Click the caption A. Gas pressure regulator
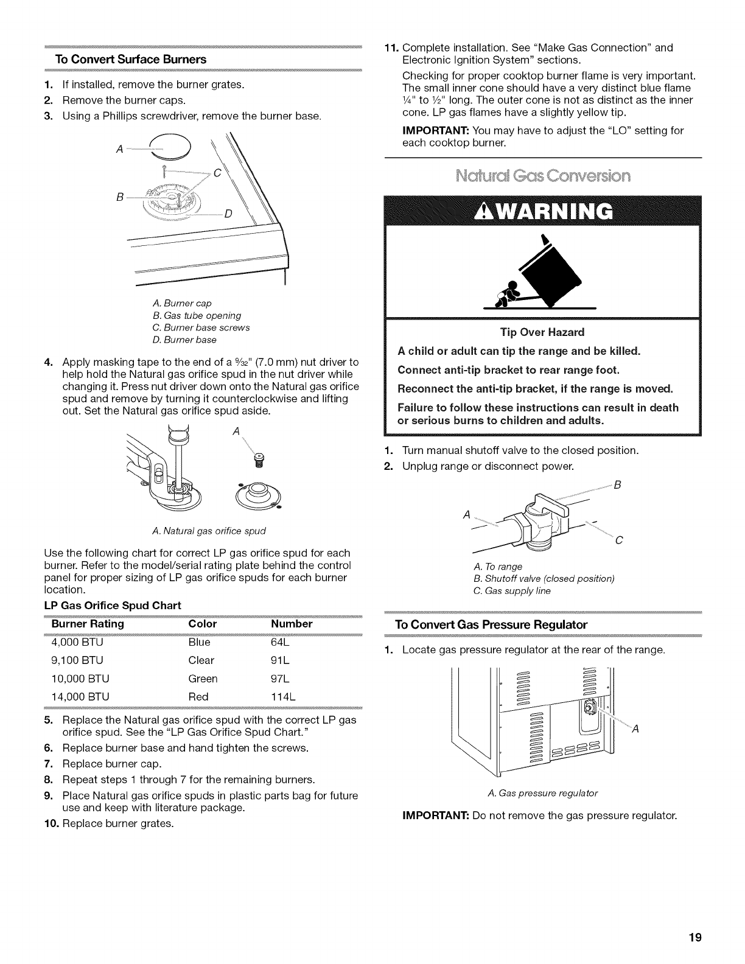click(542, 792)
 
